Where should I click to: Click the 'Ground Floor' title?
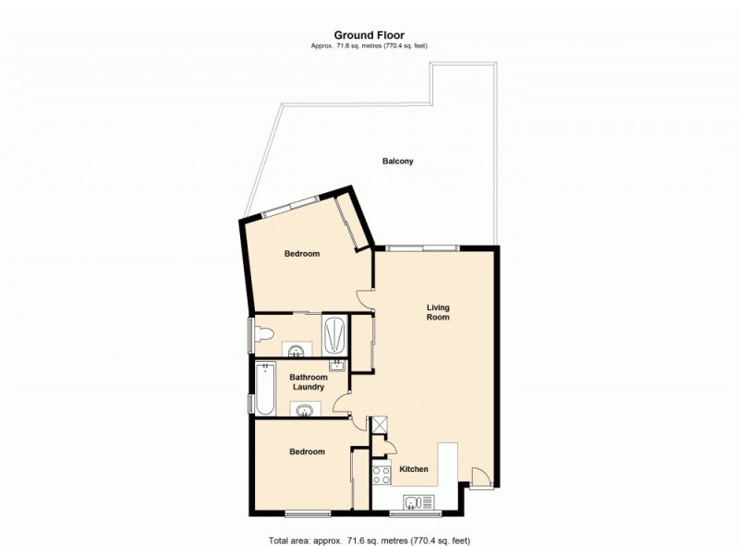tap(369, 36)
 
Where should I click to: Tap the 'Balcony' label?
tap(398, 161)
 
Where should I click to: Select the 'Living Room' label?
tap(437, 311)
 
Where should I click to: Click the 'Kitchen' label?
tap(413, 469)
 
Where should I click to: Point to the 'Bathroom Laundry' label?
tap(309, 381)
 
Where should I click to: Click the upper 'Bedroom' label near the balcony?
tap(302, 253)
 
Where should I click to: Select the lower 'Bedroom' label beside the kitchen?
tap(307, 452)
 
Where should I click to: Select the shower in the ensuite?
tap(334, 334)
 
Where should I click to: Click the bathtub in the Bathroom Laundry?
tap(266, 389)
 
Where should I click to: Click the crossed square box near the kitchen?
tap(378, 424)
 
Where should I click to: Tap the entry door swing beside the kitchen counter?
tap(479, 478)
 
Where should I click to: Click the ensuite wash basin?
tap(297, 349)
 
